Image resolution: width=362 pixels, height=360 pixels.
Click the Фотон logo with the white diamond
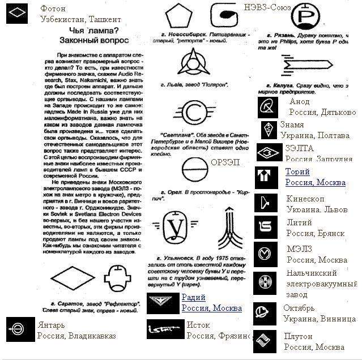tap(17, 13)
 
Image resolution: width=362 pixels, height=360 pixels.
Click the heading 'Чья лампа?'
tap(93, 31)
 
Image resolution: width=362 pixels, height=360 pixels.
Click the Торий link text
tap(297, 172)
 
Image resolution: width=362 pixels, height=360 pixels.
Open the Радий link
tap(193, 297)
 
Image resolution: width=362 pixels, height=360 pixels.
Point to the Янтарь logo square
tap(17, 329)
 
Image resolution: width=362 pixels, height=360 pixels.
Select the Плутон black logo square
tap(265, 341)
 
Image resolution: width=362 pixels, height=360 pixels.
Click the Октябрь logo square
tap(265, 312)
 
